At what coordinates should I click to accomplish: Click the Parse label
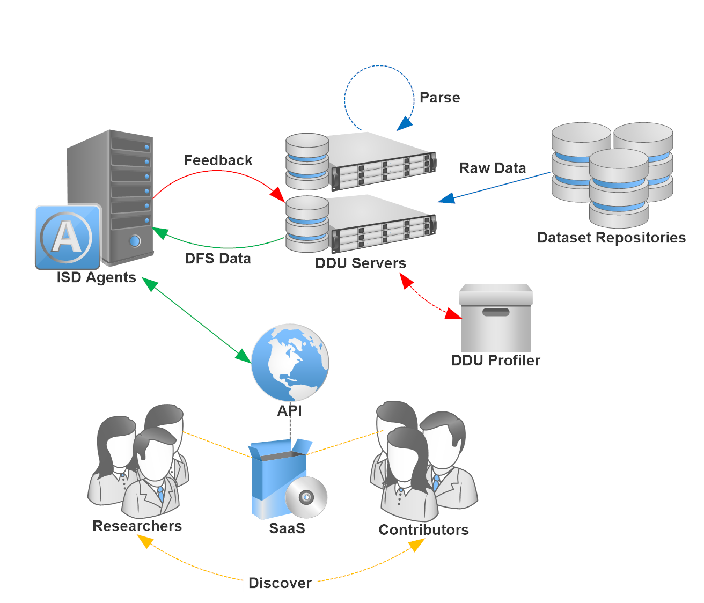pos(439,98)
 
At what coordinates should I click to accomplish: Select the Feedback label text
pos(218,160)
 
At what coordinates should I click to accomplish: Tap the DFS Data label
pos(218,259)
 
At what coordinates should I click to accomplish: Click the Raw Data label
pos(492,168)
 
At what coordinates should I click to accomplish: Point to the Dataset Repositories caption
pos(611,238)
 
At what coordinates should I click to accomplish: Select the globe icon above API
pos(290,362)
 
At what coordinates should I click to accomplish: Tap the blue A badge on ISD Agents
pos(68,237)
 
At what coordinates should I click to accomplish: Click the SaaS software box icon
pos(276,477)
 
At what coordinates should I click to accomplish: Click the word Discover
pos(280,583)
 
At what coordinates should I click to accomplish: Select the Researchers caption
pos(137,526)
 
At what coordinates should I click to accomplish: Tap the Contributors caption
pos(423,530)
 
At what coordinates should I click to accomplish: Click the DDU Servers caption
pos(360,263)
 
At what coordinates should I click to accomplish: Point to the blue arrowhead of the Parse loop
pos(404,124)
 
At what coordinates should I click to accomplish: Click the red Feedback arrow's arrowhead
pos(277,194)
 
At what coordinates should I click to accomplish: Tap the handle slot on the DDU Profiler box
pos(496,312)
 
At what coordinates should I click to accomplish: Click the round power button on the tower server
pos(134,240)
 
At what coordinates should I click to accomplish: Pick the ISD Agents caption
pos(96,277)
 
